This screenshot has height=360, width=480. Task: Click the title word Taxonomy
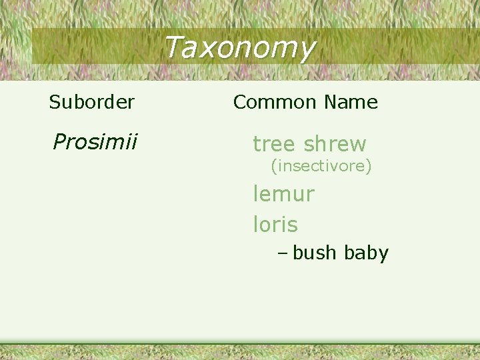coord(239,48)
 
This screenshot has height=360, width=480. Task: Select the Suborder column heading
coord(92,102)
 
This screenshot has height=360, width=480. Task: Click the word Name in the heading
coord(350,102)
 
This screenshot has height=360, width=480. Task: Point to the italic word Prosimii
coord(95,141)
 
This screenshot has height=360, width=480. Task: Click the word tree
coord(273,143)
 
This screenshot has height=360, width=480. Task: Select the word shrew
coord(335,143)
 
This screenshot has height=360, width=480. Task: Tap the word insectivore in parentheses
coord(321,165)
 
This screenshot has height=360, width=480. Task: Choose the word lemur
coord(283,194)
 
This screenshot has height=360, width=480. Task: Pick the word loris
coord(275,225)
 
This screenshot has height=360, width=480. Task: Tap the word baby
coord(366,253)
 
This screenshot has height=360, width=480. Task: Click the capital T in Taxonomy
coord(172,47)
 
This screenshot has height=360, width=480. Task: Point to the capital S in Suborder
coord(54,102)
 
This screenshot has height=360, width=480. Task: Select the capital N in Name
coord(330,102)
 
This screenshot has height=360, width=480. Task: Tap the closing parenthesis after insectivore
coord(369,165)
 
